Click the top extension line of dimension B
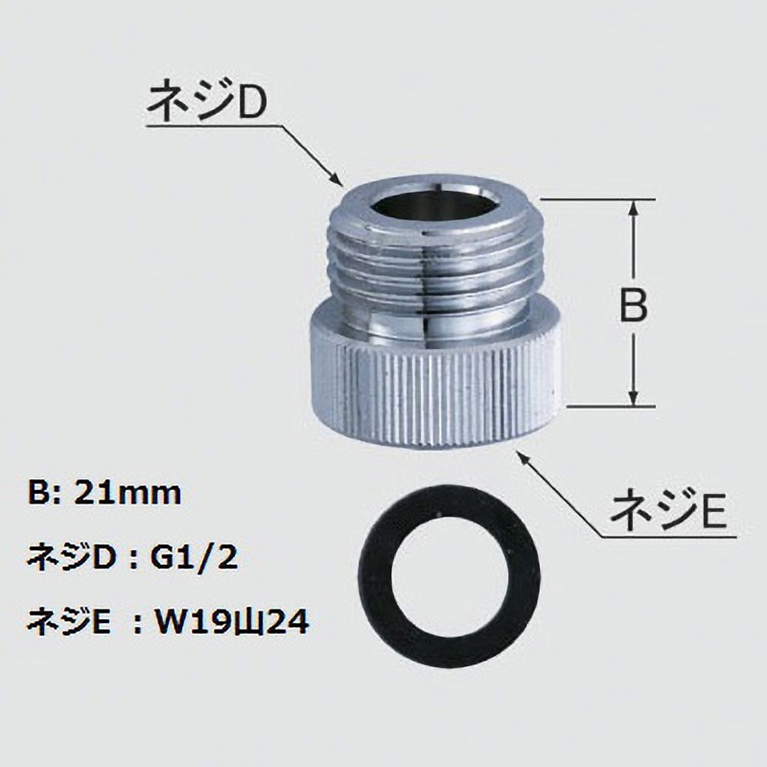(594, 200)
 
